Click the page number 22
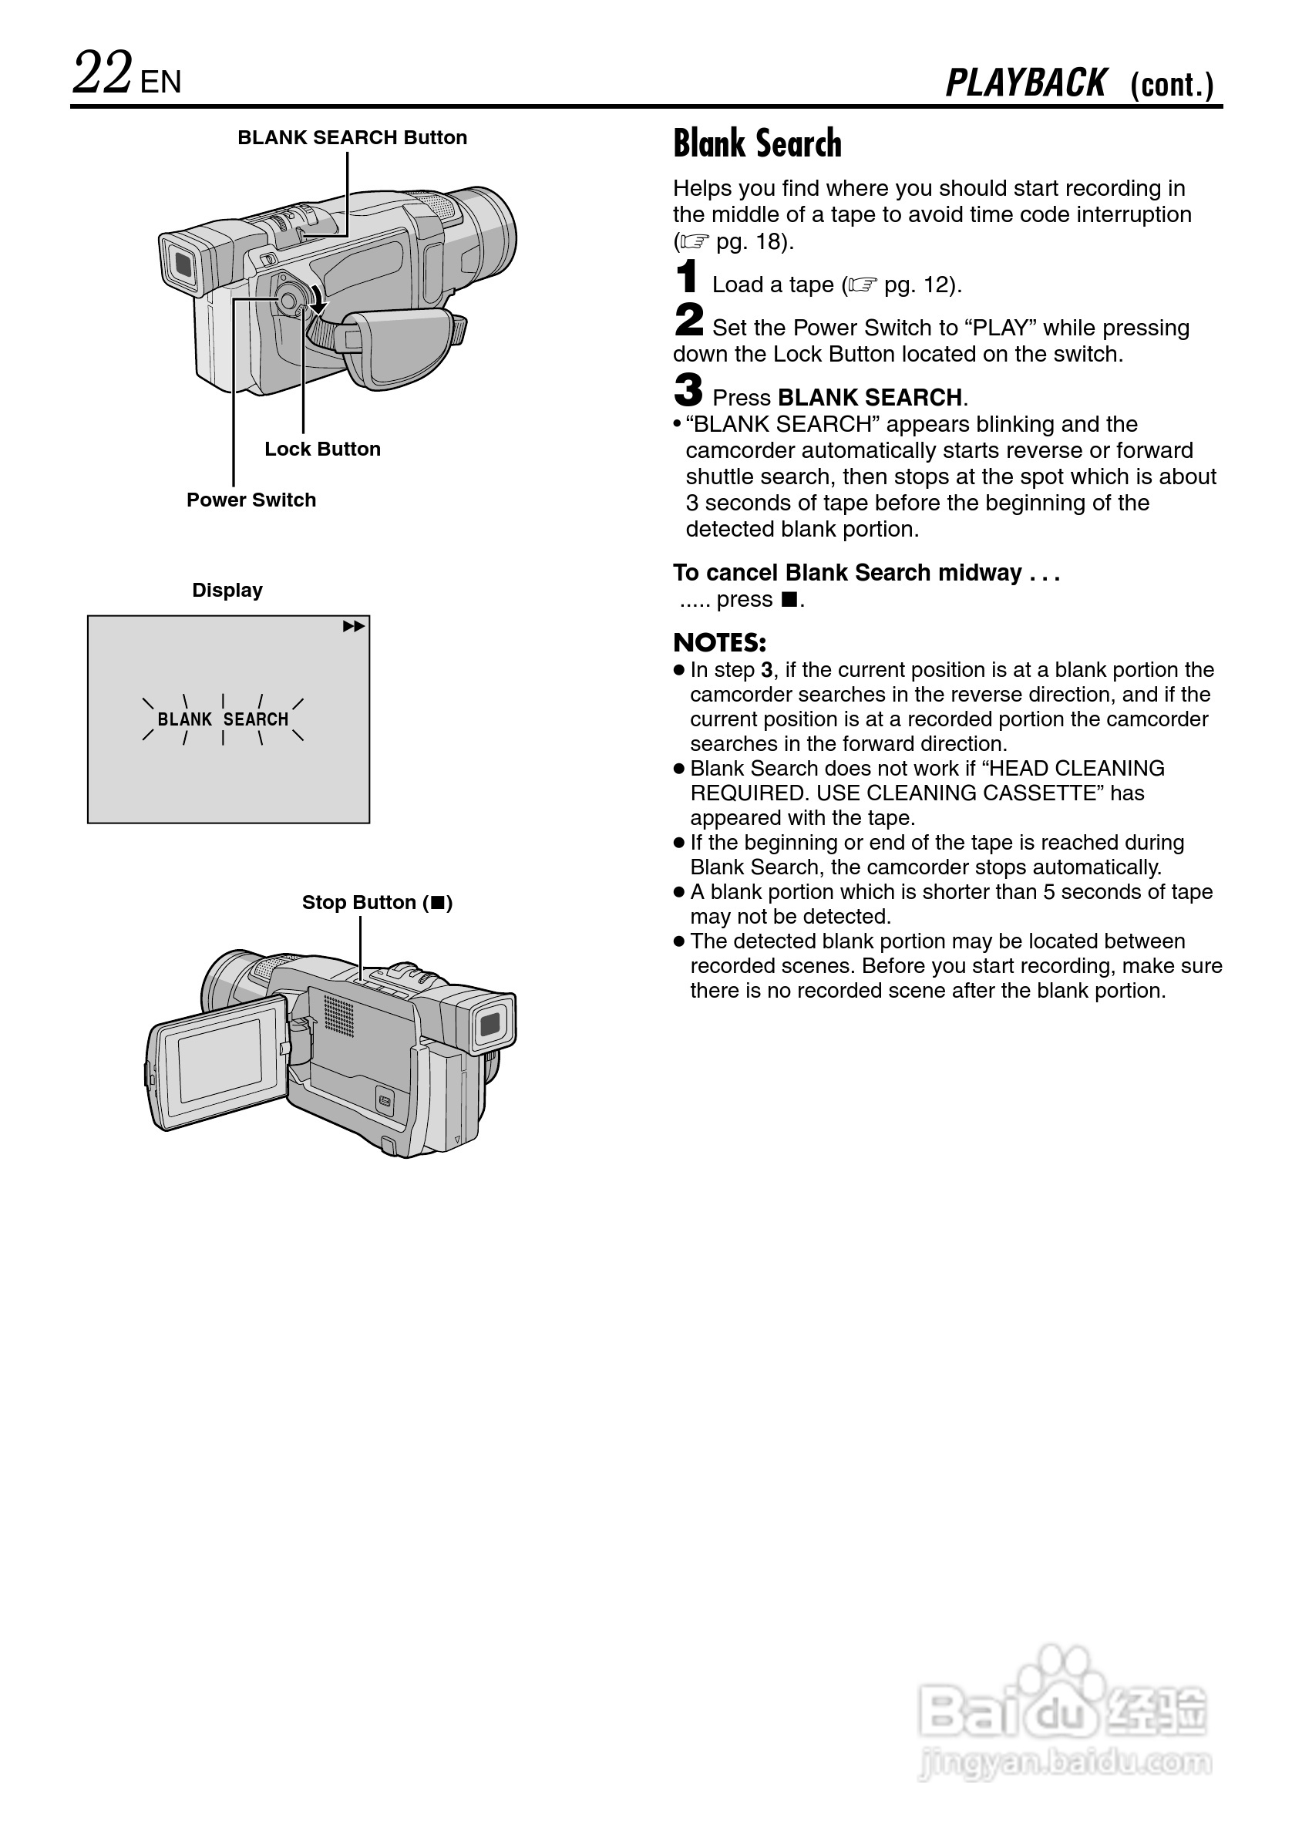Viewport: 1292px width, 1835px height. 103,73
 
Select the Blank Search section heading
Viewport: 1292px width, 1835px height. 757,144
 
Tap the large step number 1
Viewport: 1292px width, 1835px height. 686,278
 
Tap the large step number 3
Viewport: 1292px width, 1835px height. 688,390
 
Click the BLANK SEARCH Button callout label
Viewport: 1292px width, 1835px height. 352,137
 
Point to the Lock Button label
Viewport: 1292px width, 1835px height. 322,449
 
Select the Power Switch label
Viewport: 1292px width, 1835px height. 251,500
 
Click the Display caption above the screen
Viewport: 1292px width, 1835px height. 227,591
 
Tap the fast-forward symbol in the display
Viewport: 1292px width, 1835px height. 353,627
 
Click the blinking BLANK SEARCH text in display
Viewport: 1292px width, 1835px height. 223,719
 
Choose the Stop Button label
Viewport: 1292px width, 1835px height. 376,903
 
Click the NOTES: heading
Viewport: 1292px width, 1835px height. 719,642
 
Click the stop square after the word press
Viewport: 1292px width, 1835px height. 789,599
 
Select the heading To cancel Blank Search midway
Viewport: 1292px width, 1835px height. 866,573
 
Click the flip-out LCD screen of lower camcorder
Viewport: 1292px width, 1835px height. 219,1061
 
